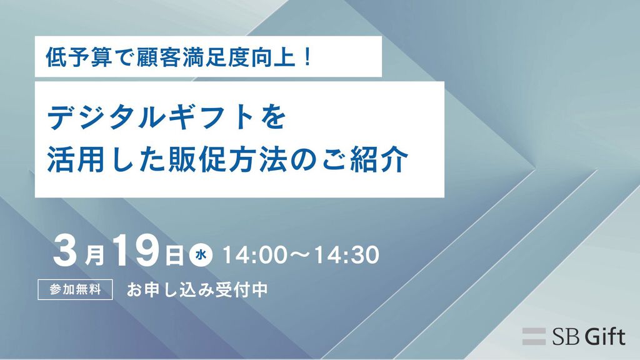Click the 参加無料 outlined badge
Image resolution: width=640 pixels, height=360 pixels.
click(75, 289)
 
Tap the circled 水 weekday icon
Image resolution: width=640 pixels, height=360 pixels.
click(201, 256)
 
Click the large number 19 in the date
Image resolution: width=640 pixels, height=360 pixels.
click(136, 251)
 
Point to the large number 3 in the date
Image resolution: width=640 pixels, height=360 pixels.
click(65, 251)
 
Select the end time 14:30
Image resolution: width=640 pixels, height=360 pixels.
click(346, 255)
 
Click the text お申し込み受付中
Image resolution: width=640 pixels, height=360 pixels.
click(197, 290)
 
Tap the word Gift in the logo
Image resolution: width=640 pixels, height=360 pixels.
click(605, 337)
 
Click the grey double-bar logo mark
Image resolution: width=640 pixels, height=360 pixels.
click(534, 336)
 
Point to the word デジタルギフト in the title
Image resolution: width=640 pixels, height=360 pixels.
click(155, 117)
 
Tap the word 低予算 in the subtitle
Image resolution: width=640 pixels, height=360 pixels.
click(79, 57)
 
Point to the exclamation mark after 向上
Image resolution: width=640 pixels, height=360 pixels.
click(307, 57)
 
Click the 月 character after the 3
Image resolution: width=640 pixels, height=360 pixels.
click(94, 256)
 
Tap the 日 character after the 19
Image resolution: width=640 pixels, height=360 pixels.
click(174, 256)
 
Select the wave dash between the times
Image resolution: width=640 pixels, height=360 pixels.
click(301, 256)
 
